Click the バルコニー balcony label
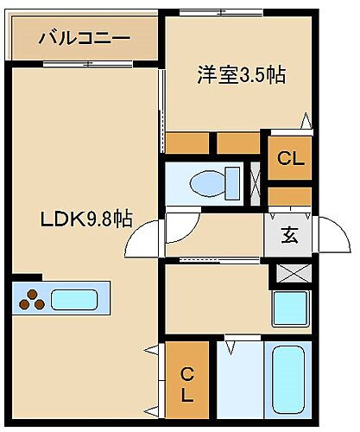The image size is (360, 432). [x=84, y=38]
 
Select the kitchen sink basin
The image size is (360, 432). [x=77, y=300]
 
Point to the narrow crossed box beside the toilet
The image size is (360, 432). [x=256, y=183]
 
